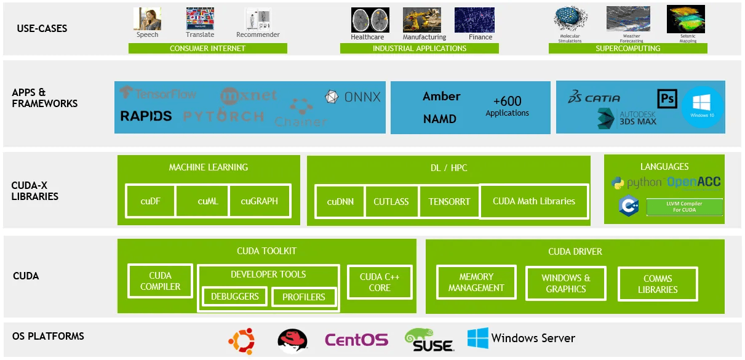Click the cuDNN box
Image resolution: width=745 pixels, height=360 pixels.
[x=340, y=201]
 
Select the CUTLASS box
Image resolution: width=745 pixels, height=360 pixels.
[x=391, y=201]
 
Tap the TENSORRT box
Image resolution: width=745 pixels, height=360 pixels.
[x=449, y=201]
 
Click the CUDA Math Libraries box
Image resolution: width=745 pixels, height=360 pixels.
[x=533, y=201]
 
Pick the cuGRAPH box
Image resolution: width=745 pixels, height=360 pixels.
[x=259, y=201]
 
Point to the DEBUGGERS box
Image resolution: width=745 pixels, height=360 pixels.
[x=234, y=297]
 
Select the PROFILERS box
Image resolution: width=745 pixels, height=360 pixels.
[x=303, y=297]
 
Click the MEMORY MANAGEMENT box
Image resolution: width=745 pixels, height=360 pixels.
[x=476, y=282]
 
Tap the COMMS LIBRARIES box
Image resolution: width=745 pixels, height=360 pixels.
[x=658, y=284]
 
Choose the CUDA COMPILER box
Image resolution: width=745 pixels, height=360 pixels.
[x=160, y=281]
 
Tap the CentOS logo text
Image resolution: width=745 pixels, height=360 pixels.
[x=356, y=340]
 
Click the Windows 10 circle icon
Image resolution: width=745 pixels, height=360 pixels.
[x=703, y=107]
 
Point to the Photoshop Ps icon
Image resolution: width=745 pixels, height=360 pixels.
[x=667, y=98]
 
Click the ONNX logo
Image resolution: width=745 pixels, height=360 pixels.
[x=353, y=97]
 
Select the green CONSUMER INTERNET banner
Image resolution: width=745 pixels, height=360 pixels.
[x=207, y=49]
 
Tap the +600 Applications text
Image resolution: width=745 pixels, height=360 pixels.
[x=507, y=105]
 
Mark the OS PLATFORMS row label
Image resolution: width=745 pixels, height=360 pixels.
[x=48, y=337]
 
